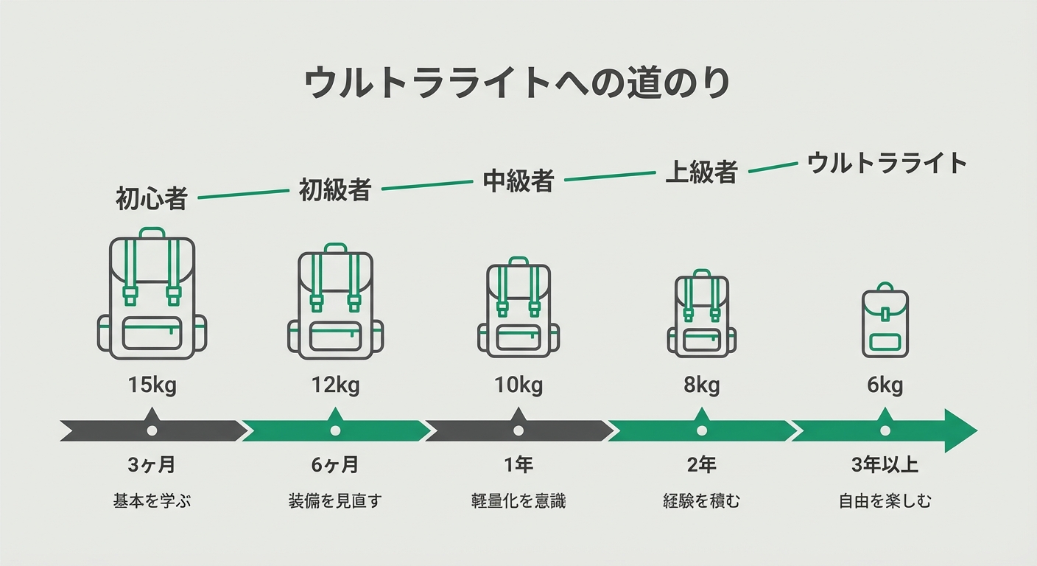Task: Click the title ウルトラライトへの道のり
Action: click(517, 83)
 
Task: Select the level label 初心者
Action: click(152, 199)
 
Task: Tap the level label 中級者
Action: click(518, 181)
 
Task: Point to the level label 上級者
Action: click(701, 172)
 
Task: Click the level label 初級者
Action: click(334, 190)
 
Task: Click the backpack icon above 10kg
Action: click(518, 307)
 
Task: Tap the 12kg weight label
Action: click(335, 385)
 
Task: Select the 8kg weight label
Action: click(701, 385)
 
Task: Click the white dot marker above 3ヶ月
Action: click(152, 430)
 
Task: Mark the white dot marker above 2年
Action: click(701, 430)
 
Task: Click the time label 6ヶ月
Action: click(335, 466)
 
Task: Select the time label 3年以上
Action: click(885, 466)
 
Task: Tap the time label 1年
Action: click(518, 466)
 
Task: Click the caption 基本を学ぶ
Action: click(152, 502)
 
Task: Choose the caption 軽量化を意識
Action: click(518, 502)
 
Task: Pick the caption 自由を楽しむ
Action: click(885, 502)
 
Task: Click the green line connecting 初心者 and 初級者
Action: click(243, 195)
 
